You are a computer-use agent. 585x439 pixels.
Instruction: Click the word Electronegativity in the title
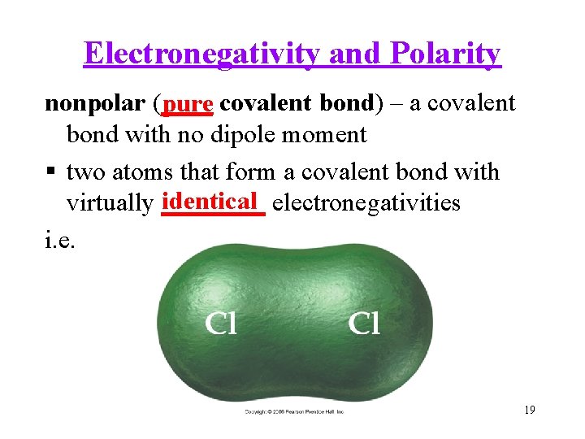tap(204, 54)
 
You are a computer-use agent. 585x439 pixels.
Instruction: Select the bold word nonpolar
tap(94, 104)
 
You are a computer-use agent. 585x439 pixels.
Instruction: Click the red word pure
tap(188, 105)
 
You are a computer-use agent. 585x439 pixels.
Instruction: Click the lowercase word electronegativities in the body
tap(366, 202)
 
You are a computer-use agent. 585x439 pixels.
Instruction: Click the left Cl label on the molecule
tap(221, 324)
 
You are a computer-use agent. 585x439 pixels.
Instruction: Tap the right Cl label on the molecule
tap(364, 324)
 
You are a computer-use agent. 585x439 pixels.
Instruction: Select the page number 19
tap(529, 411)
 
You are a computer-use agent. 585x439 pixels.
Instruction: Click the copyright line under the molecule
tap(294, 412)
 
